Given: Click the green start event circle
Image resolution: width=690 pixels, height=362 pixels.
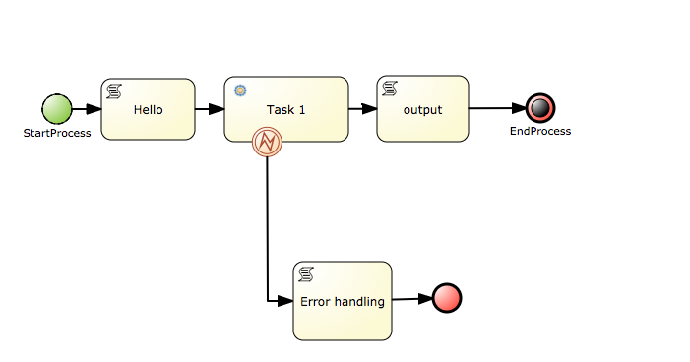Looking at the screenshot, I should pos(57,109).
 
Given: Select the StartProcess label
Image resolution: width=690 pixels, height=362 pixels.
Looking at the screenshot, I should pos(57,133).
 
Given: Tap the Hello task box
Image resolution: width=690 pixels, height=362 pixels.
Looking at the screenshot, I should pos(148,109).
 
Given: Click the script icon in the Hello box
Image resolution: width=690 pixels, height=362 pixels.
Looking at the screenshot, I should pos(114,90).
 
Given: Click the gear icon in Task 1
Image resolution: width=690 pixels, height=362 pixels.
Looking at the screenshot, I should pos(240,90).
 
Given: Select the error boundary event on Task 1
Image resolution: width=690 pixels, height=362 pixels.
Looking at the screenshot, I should pos(267,143).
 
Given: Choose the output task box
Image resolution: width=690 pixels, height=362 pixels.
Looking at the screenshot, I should pos(422,109).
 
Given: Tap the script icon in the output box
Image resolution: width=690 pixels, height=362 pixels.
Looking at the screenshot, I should pos(389,90).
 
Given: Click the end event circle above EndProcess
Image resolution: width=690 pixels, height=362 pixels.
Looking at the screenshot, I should pos(539,108).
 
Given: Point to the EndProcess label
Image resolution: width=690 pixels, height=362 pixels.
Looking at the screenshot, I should pos(539,131).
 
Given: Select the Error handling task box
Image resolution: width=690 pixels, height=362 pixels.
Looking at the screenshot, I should pos(342,301).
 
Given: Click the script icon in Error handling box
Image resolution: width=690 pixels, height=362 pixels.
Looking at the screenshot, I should pos(306,273).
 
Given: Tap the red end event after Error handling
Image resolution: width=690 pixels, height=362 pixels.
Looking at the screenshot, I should pos(446,298).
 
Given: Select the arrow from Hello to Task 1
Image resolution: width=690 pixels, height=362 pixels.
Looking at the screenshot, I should pos(210,109).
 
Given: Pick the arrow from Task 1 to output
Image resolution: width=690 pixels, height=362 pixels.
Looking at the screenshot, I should pos(363,109).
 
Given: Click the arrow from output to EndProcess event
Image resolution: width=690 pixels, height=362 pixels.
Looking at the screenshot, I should pos(496,109).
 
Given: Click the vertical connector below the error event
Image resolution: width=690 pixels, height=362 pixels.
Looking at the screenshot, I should pos(267,226).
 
